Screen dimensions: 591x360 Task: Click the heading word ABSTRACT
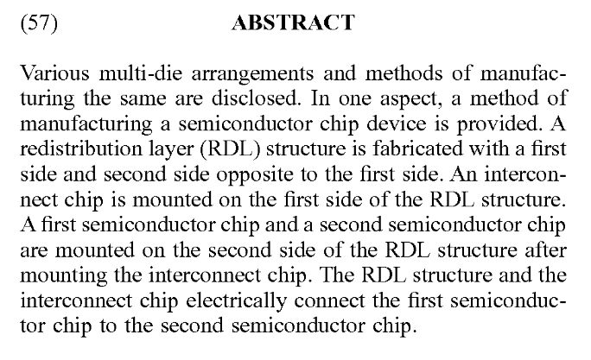click(293, 23)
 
